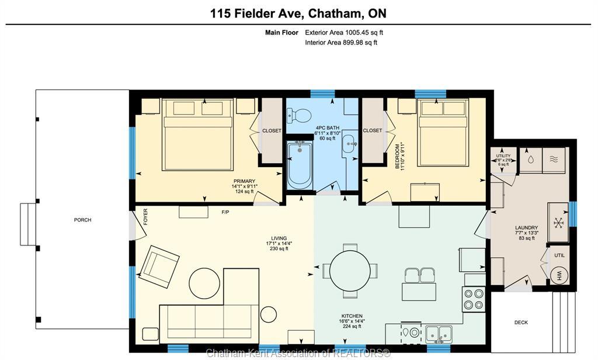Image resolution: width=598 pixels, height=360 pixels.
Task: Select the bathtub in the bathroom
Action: coord(300,165)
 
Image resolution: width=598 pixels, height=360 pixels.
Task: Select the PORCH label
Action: coord(82,220)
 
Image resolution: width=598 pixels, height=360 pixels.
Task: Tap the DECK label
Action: coord(521,323)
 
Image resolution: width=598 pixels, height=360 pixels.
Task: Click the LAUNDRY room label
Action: coord(526,227)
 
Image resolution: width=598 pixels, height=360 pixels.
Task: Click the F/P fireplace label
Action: coord(225,212)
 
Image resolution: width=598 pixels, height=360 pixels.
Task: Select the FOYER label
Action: coord(145,218)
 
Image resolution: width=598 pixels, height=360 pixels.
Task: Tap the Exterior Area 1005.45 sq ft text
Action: coord(343,33)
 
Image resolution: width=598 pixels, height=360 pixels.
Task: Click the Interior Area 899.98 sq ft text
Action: coord(341,42)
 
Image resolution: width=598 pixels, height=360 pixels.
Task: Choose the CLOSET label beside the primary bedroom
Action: coord(272,130)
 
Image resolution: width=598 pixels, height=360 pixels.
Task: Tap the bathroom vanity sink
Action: coord(348,142)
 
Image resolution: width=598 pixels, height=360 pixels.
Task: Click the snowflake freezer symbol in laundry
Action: coord(557,223)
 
